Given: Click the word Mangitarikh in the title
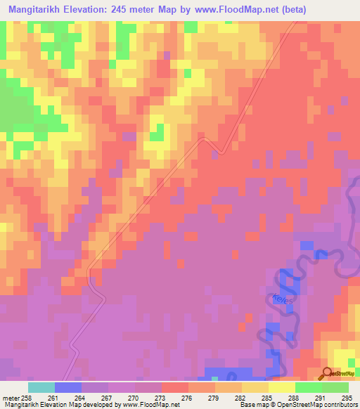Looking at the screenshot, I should pyautogui.click(x=36, y=11).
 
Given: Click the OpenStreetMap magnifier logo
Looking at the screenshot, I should pyautogui.click(x=328, y=374).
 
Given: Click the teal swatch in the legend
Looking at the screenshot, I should pyautogui.click(x=41, y=387).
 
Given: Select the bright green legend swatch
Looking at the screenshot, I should pyautogui.click(x=309, y=387).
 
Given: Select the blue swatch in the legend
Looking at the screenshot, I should pyautogui.click(x=68, y=387).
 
